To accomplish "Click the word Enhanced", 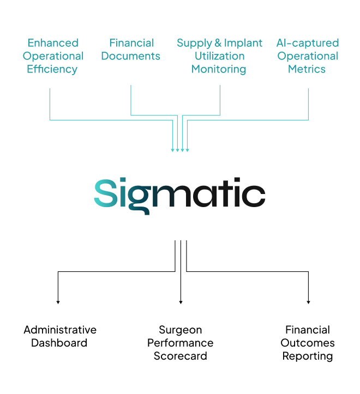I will pos(53,43).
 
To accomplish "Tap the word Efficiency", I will pos(52,69).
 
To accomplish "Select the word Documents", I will pos(131,56).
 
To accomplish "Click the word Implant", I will pos(243,43).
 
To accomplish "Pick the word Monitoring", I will pos(219,69).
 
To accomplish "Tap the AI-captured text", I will pos(307,43).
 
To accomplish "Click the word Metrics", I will pos(307,69).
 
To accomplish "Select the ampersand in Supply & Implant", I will pos(218,43).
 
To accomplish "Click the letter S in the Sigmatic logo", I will pos(105,194).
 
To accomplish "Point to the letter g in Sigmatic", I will pos(140,197).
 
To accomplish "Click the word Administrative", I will pos(60,330).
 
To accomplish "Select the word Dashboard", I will pos(59,343).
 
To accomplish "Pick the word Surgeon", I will pos(180,330).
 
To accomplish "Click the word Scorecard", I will pos(180,356).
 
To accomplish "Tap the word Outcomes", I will pos(308,343).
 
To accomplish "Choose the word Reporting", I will pos(308,356).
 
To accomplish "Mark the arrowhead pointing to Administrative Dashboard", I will pos(58,301).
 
